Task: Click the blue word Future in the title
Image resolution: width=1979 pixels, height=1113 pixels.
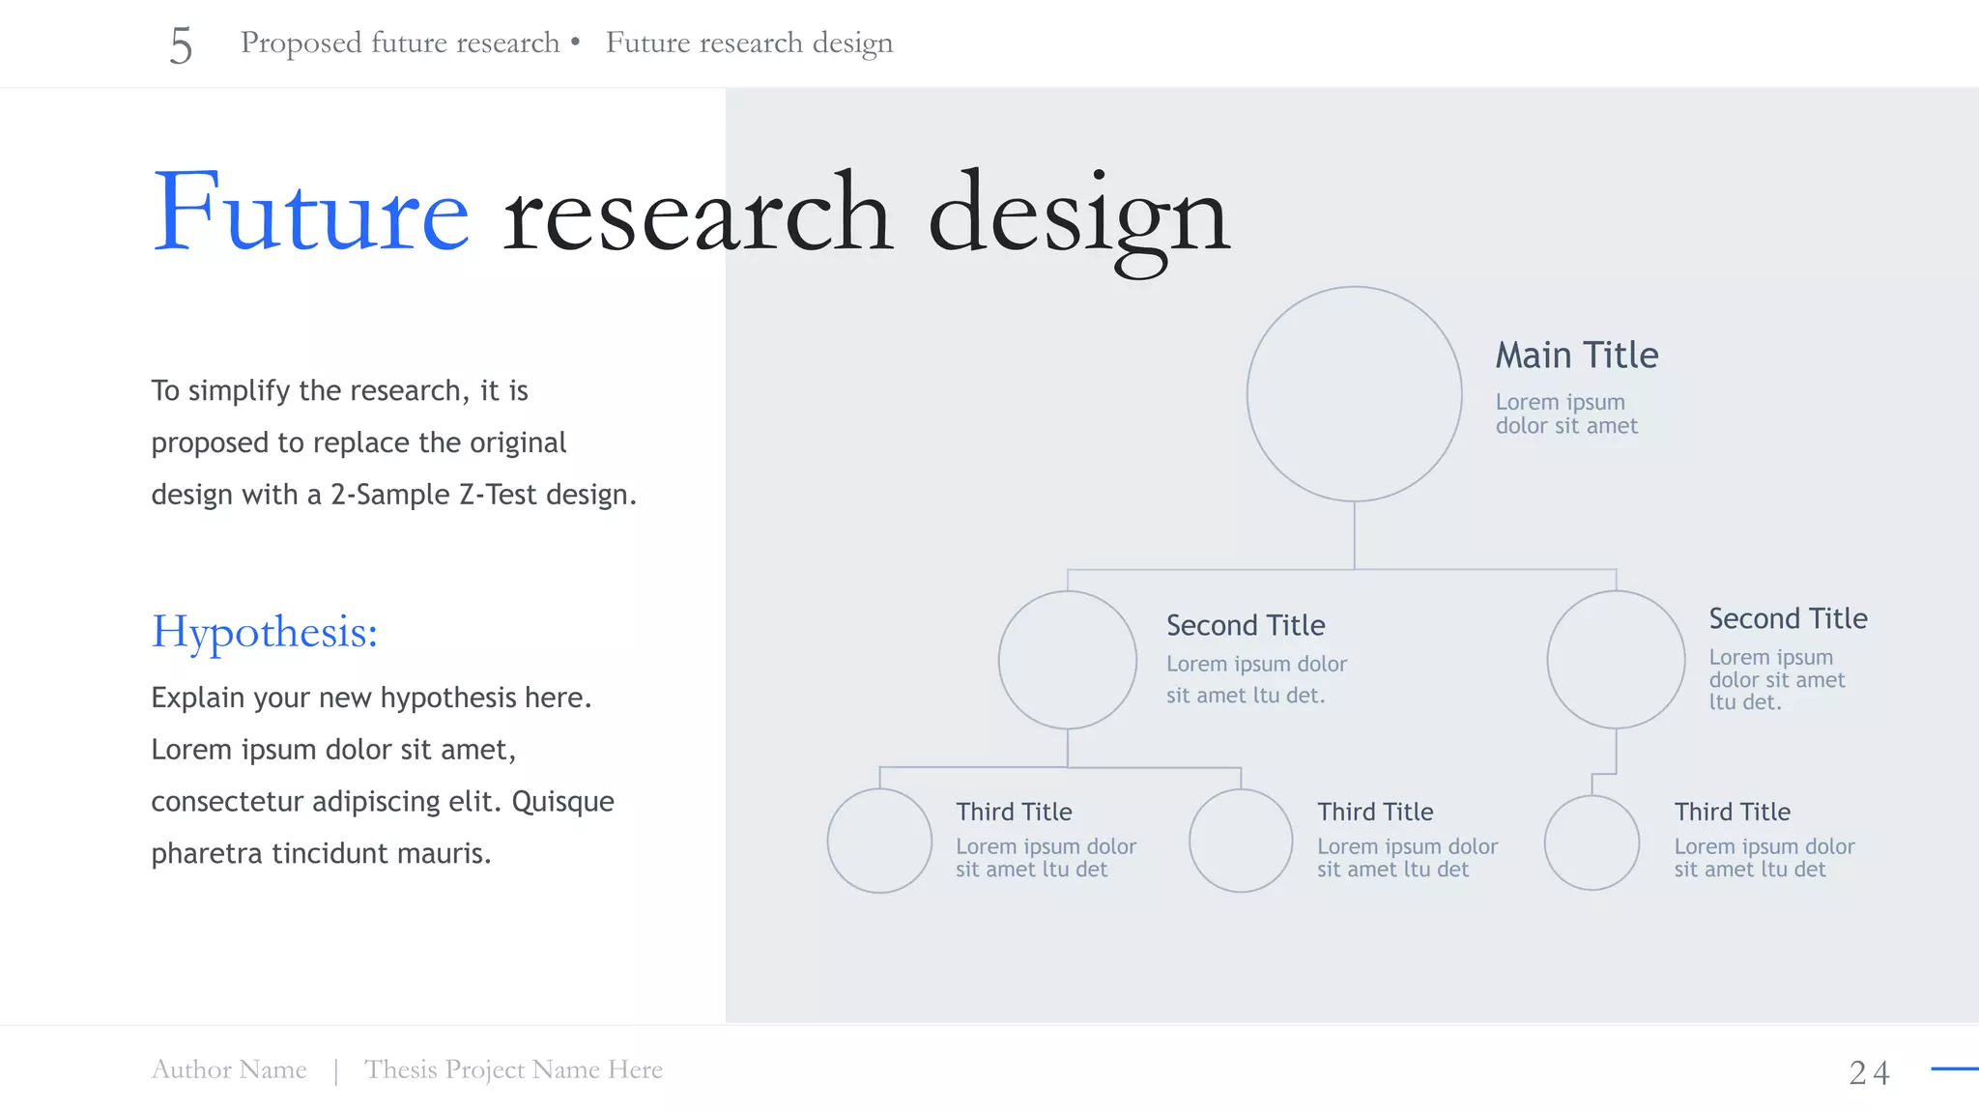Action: [310, 212]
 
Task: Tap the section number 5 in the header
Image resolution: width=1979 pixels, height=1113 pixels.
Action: [181, 45]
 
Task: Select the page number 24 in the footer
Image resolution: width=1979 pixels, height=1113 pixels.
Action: [1869, 1072]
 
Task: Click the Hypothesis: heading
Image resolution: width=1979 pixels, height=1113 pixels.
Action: [264, 632]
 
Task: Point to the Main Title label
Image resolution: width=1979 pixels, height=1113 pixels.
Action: [1576, 356]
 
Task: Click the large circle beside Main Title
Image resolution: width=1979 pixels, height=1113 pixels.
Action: [1354, 393]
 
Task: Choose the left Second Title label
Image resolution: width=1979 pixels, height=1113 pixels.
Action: [1245, 625]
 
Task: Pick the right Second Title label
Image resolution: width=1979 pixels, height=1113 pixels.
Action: [1788, 618]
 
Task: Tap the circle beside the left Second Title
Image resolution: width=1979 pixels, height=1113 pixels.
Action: [1067, 660]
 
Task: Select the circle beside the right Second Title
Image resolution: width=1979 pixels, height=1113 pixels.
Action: [1616, 660]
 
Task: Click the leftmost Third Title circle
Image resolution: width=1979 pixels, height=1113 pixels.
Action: [879, 841]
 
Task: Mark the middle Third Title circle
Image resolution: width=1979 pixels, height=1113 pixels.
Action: [1241, 841]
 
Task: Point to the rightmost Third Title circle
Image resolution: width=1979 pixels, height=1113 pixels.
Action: [1592, 842]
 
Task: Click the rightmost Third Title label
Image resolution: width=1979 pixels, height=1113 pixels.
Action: [1732, 812]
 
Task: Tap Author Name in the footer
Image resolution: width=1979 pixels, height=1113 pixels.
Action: [229, 1070]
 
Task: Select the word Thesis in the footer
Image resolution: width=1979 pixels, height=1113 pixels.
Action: [400, 1070]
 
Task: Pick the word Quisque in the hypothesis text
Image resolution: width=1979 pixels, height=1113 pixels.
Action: [562, 802]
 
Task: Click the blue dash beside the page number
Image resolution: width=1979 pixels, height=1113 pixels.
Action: [1954, 1069]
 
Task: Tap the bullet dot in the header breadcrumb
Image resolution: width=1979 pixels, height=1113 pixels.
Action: [575, 42]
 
